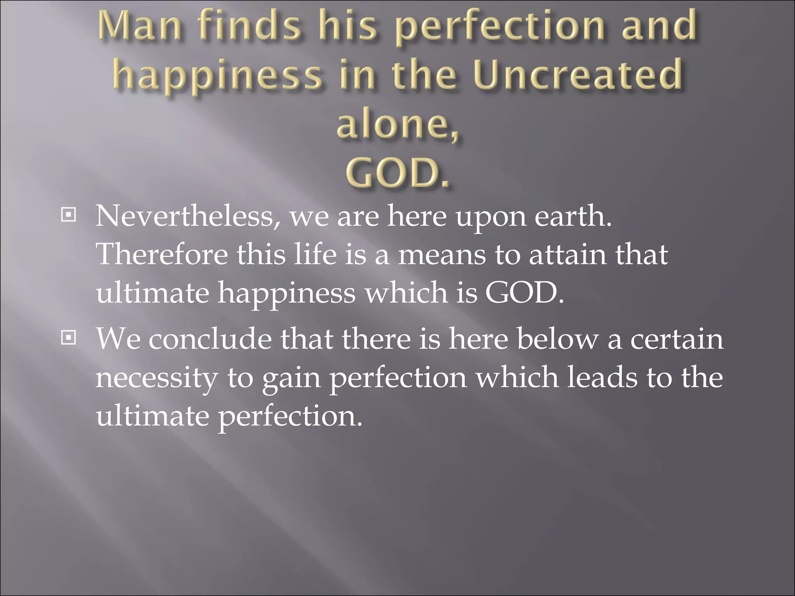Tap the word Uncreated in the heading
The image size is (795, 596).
578,74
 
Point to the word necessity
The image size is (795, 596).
156,378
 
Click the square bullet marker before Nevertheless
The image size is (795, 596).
69,214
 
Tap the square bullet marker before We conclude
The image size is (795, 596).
69,338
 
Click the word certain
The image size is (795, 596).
677,339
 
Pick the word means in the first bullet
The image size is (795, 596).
442,255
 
